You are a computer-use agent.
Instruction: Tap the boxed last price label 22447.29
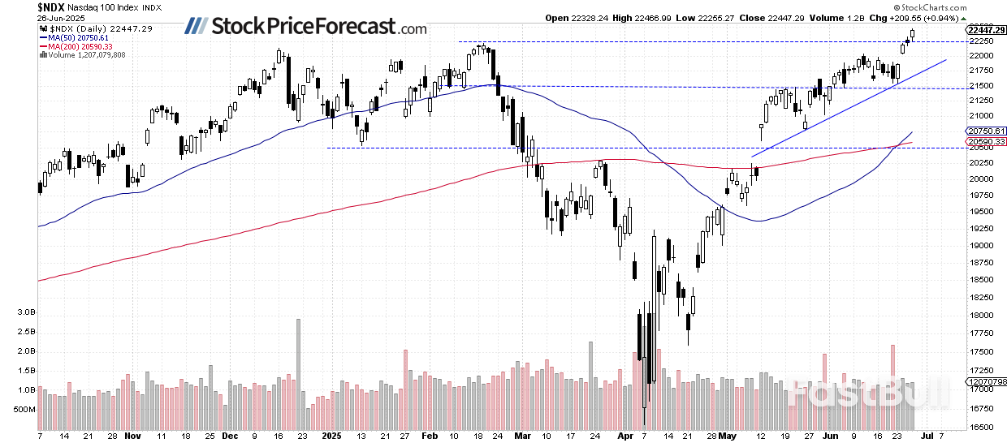(x=987, y=30)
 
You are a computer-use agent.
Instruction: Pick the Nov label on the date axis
(x=132, y=436)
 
